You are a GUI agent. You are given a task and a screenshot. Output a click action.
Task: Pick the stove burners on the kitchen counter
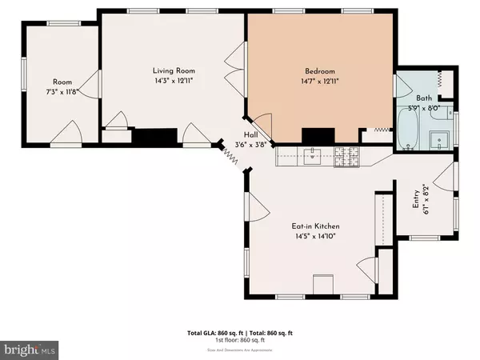point(350,156)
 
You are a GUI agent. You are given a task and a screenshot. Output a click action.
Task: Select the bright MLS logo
point(30,349)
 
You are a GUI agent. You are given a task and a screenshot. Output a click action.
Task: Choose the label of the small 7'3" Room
point(63,82)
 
